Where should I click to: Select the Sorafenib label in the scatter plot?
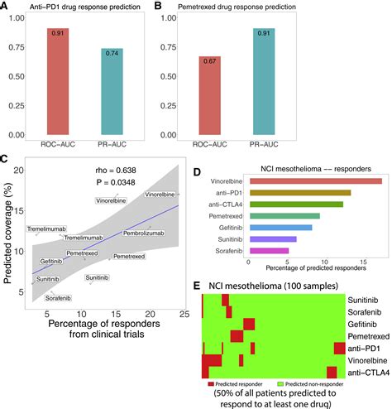(58, 296)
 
